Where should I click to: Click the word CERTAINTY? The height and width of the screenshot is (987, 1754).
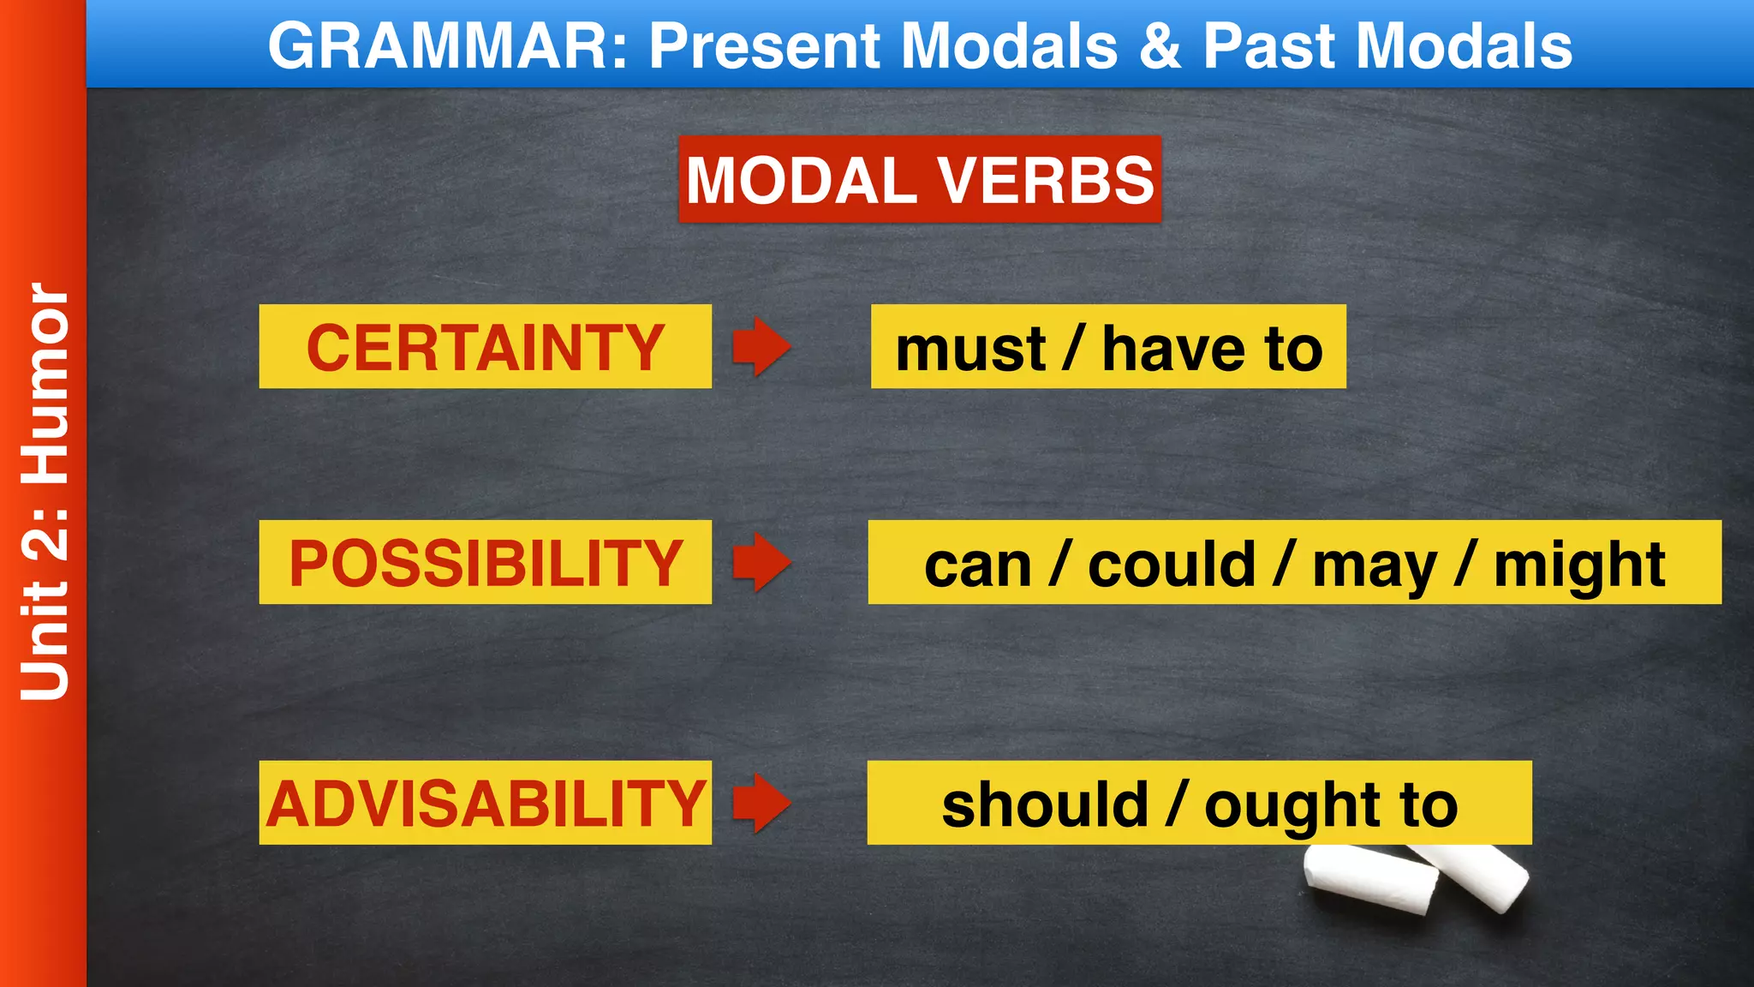(x=485, y=347)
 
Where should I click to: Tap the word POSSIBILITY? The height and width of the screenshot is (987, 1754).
(x=485, y=563)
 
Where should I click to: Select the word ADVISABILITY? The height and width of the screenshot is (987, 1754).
(x=485, y=804)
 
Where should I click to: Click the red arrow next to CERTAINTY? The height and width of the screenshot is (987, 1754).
(x=761, y=346)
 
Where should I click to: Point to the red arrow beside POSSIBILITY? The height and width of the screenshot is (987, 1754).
(x=761, y=562)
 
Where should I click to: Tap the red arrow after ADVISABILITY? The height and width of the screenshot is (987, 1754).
(x=761, y=803)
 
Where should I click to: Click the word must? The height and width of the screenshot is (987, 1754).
(x=969, y=350)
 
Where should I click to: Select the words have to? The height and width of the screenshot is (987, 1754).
(x=1212, y=350)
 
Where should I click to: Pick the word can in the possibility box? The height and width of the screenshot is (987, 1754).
(x=977, y=565)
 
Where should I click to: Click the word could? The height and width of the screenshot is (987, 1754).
(x=1171, y=565)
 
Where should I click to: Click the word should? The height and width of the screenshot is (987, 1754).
(x=1044, y=805)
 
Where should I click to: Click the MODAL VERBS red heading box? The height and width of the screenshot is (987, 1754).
(x=920, y=180)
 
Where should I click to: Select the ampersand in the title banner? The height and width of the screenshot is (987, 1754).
(x=1160, y=45)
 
